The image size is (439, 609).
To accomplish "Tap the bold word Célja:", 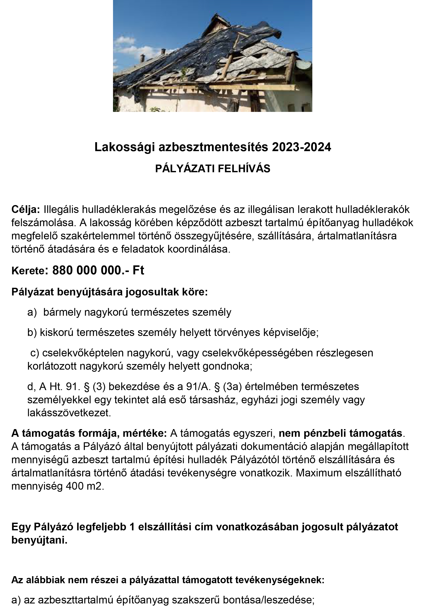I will click(26, 210).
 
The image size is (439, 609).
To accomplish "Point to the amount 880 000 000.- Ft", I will click(98, 271).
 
